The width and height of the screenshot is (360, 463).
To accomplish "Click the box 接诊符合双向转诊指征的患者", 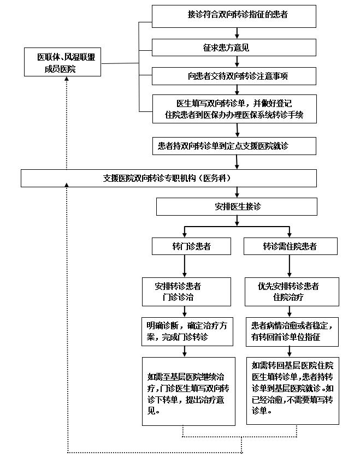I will pyautogui.click(x=234, y=16).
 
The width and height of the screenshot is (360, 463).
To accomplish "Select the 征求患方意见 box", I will pyautogui.click(x=234, y=48).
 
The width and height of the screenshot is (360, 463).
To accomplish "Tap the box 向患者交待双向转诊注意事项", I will pyautogui.click(x=234, y=76).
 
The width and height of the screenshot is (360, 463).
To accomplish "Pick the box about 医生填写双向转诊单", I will pyautogui.click(x=234, y=108).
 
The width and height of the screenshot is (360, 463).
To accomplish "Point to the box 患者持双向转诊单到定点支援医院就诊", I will pyautogui.click(x=234, y=146).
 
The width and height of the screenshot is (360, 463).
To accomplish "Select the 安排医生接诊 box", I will pyautogui.click(x=237, y=206).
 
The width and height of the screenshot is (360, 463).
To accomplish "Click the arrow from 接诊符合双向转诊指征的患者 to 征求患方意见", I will pyautogui.click(x=237, y=33).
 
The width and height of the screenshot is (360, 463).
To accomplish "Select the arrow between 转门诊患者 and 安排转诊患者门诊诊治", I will pyautogui.click(x=185, y=266).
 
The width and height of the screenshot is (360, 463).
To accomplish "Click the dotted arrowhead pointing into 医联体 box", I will pyautogui.click(x=67, y=80).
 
